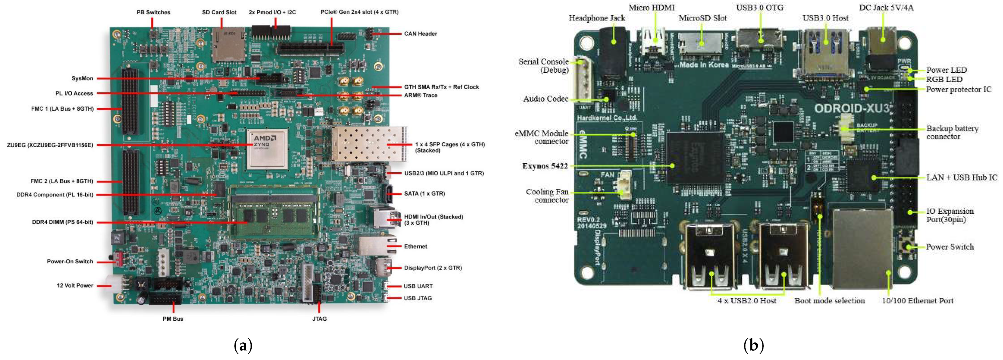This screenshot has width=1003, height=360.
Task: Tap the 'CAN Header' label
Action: pos(420,34)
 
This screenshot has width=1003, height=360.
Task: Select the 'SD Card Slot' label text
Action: pos(219,13)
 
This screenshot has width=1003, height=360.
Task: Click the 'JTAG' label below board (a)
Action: pos(319,319)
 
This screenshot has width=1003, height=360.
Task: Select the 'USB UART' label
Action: pos(418,286)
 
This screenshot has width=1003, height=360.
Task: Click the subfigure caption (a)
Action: pos(243,345)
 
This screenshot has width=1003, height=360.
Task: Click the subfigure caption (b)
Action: pos(753,345)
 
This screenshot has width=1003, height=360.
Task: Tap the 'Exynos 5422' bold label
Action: pos(545,166)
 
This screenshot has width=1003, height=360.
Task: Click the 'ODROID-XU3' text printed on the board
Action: pos(852,108)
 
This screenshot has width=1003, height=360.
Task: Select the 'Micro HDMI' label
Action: pos(651,7)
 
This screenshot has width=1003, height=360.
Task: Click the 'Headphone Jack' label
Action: pos(596,18)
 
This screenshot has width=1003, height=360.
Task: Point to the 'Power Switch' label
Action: pos(949,247)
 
